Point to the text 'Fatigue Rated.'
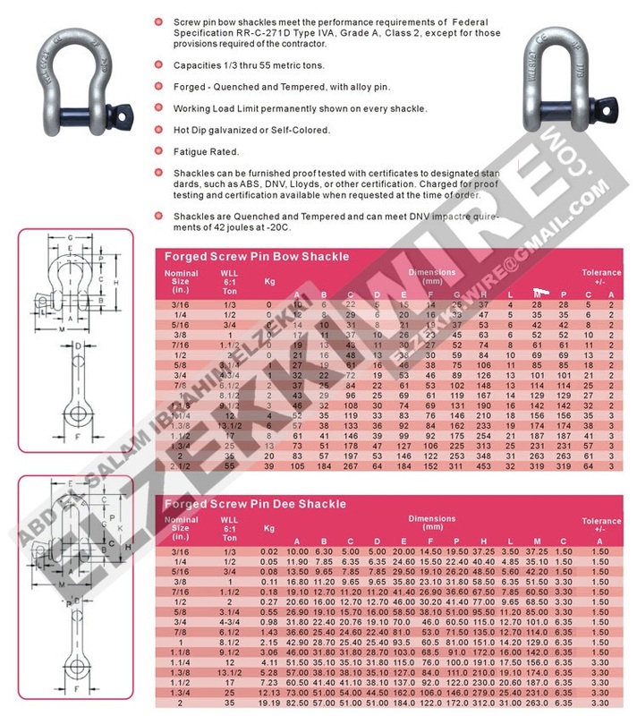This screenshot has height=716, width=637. pyautogui.click(x=194, y=152)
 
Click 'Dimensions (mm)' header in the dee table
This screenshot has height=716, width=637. pyautogui.click(x=431, y=524)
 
